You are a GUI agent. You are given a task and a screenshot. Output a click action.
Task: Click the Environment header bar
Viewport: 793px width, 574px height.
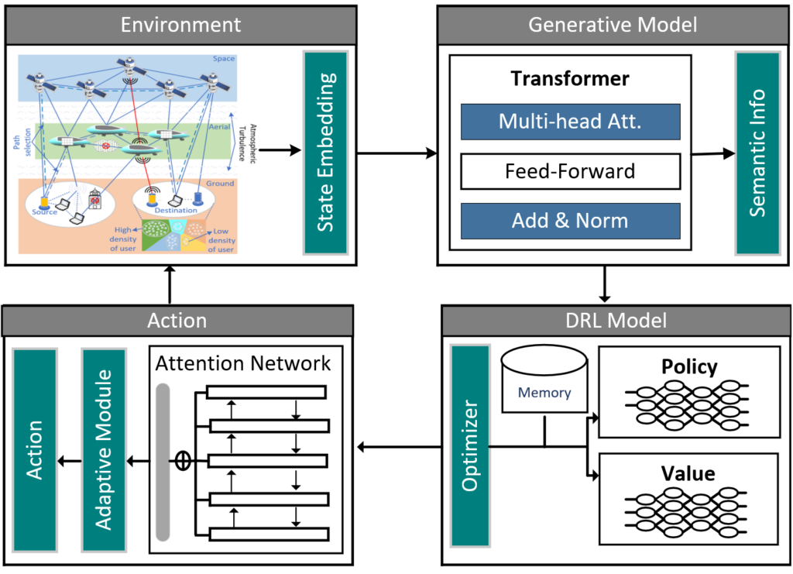pyautogui.click(x=180, y=24)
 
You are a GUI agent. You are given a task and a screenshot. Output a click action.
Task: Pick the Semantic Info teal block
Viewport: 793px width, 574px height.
pyautogui.click(x=757, y=153)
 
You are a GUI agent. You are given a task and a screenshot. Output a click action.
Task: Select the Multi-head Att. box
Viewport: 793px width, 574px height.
pyautogui.click(x=570, y=122)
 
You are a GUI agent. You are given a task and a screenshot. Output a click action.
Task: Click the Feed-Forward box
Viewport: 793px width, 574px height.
pyautogui.click(x=570, y=171)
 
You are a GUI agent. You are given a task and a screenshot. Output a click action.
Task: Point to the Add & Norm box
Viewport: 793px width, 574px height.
pyautogui.click(x=570, y=221)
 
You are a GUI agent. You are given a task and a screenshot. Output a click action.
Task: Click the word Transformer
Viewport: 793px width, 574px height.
pyautogui.click(x=570, y=79)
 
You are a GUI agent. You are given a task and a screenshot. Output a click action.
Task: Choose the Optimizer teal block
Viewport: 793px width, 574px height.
pyautogui.click(x=469, y=445)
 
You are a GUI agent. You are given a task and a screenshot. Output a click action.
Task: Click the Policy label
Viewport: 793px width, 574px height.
pyautogui.click(x=689, y=366)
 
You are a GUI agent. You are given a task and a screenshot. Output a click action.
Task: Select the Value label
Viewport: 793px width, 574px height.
pyautogui.click(x=688, y=473)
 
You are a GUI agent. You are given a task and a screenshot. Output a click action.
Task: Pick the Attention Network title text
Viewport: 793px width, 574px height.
pyautogui.click(x=243, y=363)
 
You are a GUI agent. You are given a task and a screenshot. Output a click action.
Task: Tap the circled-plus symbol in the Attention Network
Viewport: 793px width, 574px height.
pyautogui.click(x=183, y=462)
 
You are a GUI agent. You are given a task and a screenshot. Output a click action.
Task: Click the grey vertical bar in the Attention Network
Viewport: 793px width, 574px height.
pyautogui.click(x=163, y=462)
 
